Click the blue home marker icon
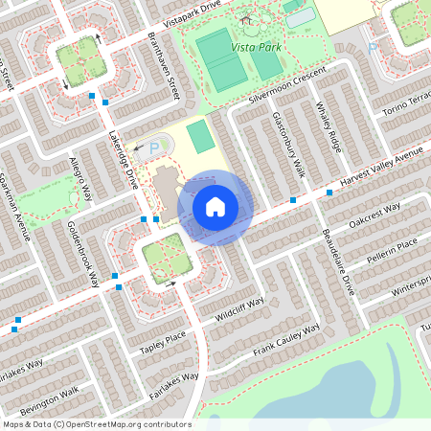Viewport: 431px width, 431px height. tap(215, 207)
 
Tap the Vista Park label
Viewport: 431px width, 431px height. tap(256, 46)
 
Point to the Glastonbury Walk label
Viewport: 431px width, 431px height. tap(285, 143)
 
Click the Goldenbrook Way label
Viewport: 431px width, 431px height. tap(84, 255)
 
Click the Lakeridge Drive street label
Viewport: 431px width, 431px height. tap(122, 159)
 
